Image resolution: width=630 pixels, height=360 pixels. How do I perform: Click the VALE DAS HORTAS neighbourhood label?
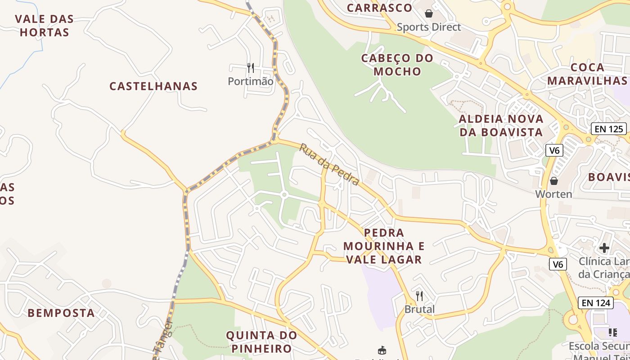click(x=44, y=26)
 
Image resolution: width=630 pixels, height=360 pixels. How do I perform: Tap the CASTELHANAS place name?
click(x=153, y=86)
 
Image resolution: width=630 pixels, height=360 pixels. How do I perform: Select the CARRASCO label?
click(x=379, y=8)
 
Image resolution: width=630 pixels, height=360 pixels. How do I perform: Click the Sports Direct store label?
click(x=428, y=27)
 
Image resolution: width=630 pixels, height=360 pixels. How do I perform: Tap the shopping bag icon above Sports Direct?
click(x=429, y=13)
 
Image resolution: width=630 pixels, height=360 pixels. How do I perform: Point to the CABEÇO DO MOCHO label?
click(x=397, y=65)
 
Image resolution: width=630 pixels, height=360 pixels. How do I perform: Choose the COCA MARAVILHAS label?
click(x=587, y=74)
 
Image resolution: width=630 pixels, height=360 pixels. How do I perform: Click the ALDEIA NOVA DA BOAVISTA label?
click(x=501, y=126)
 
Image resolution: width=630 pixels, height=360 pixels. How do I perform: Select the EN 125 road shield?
click(x=609, y=129)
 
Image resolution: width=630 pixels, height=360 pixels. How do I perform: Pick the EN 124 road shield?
click(x=596, y=303)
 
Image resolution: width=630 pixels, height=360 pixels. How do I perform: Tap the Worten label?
click(x=553, y=194)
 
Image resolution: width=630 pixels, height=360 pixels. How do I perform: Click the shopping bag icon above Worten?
click(x=554, y=181)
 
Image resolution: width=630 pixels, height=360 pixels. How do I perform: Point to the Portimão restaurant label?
click(x=250, y=81)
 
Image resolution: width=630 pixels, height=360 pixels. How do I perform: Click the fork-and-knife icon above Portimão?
click(x=251, y=68)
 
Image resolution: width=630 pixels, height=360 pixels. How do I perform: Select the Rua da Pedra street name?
click(x=329, y=164)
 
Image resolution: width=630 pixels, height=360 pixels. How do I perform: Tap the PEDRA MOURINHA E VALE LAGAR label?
click(x=384, y=246)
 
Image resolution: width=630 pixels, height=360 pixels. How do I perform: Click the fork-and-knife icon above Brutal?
click(x=419, y=296)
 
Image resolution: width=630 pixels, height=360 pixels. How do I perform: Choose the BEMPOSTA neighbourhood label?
click(x=61, y=313)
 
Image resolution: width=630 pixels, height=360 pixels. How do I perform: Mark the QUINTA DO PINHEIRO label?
click(x=261, y=342)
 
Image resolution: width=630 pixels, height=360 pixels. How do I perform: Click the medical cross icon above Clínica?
click(x=604, y=247)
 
